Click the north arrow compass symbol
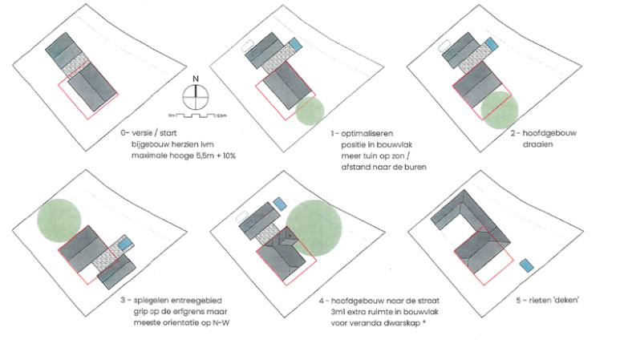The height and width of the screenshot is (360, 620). (x=194, y=97)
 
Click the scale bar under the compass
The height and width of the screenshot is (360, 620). (x=195, y=116)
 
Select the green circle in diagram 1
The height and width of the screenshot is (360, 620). (x=308, y=111)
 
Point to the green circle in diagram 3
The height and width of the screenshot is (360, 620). (x=59, y=219)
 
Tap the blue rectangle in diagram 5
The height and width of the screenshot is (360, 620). (x=527, y=264)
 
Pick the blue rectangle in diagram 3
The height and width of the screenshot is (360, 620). (x=124, y=243)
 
